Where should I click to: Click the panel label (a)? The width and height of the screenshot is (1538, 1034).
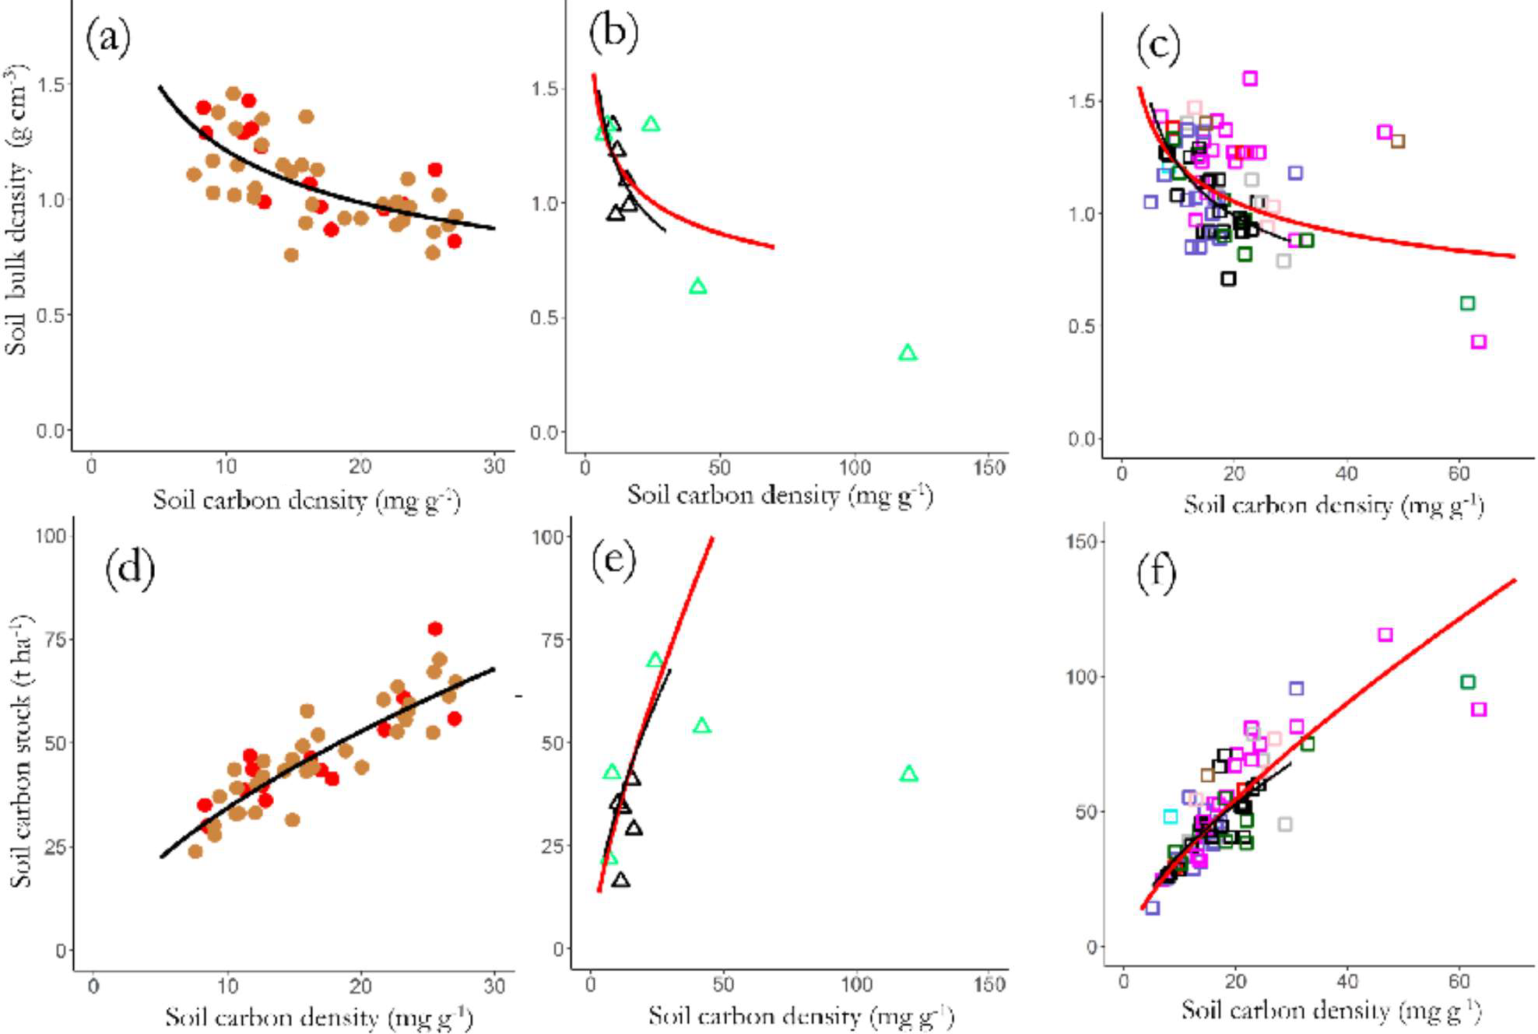tap(107, 38)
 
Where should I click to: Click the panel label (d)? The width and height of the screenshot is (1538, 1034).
tap(129, 568)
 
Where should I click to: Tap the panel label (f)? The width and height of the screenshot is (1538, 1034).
tap(1156, 573)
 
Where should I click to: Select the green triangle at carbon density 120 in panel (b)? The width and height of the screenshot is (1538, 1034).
tap(908, 353)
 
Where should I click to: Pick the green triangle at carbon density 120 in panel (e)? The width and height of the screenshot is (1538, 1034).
tap(908, 774)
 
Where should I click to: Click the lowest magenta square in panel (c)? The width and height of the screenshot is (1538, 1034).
tap(1478, 342)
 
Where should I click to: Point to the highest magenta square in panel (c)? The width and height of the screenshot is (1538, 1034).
tap(1250, 79)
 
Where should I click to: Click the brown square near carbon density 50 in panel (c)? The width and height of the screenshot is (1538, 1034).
tap(1398, 141)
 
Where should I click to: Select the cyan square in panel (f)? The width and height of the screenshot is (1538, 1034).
tap(1171, 816)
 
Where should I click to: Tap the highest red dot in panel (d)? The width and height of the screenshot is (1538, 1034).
tap(435, 629)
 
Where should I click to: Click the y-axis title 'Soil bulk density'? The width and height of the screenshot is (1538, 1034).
tap(17, 210)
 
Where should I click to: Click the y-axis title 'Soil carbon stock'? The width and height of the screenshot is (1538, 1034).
tap(20, 751)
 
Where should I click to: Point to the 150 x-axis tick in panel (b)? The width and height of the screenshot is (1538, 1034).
tap(988, 468)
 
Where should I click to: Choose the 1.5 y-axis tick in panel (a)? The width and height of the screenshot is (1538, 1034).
tap(51, 85)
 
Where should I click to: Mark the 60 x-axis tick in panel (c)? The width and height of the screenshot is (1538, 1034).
tap(1459, 474)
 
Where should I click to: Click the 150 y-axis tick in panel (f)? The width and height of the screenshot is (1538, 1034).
tap(1080, 542)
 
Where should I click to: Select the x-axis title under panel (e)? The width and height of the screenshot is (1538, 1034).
tap(800, 1016)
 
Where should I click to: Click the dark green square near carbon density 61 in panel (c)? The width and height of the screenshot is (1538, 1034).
tap(1467, 303)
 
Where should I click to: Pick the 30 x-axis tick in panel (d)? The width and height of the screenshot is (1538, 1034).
tap(494, 987)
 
